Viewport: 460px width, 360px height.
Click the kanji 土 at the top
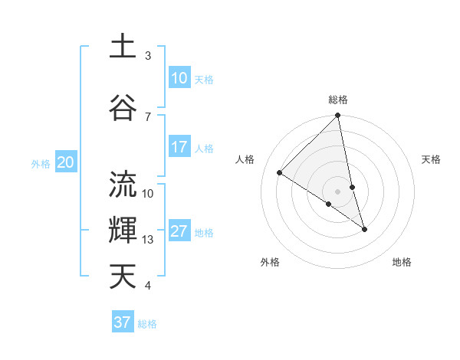[123, 47]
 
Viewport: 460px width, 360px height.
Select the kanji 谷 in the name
[123, 105]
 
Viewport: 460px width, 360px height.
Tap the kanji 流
[123, 185]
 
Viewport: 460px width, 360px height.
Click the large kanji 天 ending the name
[123, 276]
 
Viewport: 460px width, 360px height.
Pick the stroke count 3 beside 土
[148, 56]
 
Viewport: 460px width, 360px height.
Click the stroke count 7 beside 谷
[148, 116]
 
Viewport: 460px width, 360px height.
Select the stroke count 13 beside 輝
[148, 240]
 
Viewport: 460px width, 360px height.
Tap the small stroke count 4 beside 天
[148, 286]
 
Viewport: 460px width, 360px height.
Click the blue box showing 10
[179, 77]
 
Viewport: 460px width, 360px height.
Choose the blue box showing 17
[179, 147]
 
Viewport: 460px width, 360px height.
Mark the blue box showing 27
[179, 232]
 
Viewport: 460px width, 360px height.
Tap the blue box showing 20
[66, 162]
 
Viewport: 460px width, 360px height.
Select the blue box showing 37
[123, 322]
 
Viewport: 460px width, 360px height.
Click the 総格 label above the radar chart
[337, 100]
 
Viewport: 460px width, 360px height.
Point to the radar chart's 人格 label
[245, 159]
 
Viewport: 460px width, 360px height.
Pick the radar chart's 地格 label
[402, 262]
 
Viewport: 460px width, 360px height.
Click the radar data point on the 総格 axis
[337, 116]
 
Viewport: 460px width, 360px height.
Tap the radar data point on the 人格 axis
[280, 172]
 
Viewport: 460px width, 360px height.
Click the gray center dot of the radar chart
[337, 191]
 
